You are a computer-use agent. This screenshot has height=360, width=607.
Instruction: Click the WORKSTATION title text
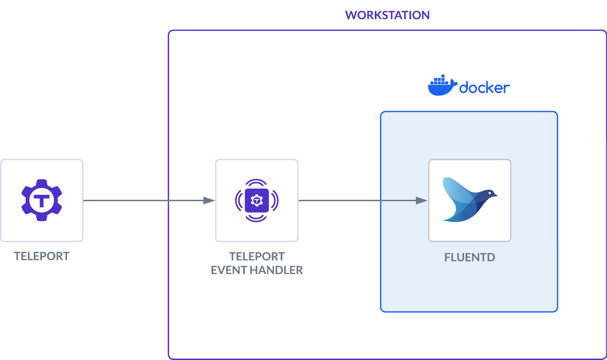[x=387, y=15]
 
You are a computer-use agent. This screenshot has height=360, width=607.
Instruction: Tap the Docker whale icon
[x=442, y=86]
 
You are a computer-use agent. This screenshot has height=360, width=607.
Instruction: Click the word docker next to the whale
[x=484, y=88]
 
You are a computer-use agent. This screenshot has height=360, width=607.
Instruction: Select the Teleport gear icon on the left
[x=42, y=200]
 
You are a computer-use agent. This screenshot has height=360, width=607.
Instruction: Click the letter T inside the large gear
[x=42, y=200]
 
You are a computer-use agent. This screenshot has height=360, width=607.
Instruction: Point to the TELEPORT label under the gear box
[x=42, y=256]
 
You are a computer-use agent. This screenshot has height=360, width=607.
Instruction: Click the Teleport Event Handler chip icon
[x=257, y=200]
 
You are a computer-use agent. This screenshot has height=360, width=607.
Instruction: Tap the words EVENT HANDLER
[x=257, y=270]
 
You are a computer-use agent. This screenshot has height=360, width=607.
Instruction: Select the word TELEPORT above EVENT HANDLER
[x=257, y=257]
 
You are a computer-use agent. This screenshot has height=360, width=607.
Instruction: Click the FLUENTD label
[x=470, y=257]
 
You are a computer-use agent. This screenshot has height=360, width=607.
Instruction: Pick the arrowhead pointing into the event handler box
[x=209, y=200]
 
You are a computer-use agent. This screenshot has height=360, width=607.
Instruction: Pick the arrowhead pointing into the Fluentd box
[x=421, y=200]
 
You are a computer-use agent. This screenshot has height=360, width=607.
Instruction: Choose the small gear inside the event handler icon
[x=257, y=200]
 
